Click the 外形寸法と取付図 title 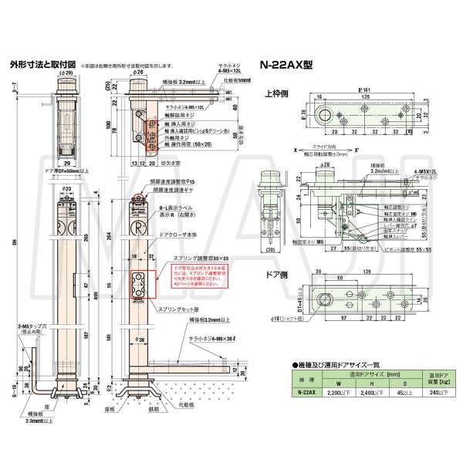42,66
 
